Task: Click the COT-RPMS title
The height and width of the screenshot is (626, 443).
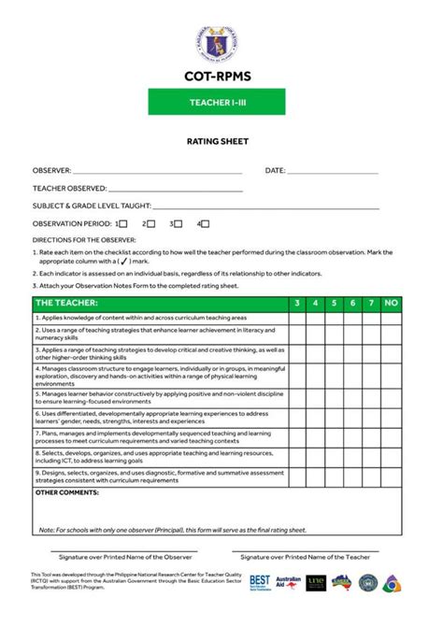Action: [221, 76]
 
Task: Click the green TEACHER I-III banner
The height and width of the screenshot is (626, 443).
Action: [221, 103]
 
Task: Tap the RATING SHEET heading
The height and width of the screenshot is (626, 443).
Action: [221, 144]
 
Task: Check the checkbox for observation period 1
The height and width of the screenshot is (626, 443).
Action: [123, 224]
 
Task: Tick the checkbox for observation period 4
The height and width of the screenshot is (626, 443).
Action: [205, 224]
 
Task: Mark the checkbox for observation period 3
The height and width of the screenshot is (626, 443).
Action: [178, 224]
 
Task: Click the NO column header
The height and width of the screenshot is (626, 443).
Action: [392, 303]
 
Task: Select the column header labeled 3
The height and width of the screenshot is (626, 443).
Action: [296, 303]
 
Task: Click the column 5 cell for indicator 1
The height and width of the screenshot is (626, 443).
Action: [332, 318]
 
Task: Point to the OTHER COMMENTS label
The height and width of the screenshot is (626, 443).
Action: [67, 491]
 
